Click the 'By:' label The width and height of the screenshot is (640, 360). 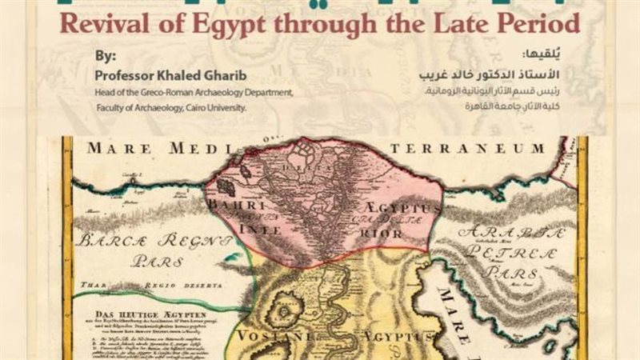pyautogui.click(x=104, y=58)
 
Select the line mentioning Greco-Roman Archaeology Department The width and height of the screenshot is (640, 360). pyautogui.click(x=194, y=92)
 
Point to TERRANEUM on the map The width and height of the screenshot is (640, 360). pyautogui.click(x=489, y=149)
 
